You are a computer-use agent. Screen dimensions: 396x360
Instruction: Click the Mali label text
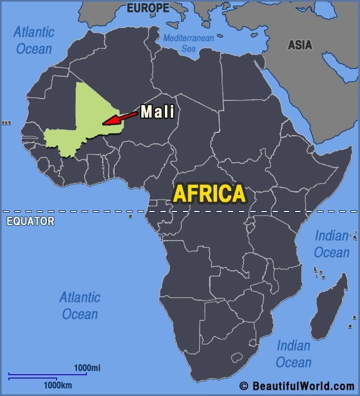click(x=157, y=112)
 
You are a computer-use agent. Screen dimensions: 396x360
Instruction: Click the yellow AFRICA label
click(x=209, y=194)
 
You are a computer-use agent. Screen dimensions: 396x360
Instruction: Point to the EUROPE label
click(x=147, y=8)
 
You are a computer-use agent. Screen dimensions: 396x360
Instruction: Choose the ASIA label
click(x=300, y=45)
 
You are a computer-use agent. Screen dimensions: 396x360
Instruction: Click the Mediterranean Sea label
click(x=189, y=43)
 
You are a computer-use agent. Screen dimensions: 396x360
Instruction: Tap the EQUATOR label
click(x=30, y=221)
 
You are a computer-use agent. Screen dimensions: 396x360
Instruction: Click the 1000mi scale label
click(x=87, y=368)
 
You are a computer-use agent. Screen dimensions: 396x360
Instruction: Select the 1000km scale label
click(x=58, y=385)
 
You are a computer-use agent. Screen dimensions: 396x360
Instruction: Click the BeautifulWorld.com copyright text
click(x=303, y=386)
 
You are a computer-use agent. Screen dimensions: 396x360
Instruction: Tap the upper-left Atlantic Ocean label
click(x=34, y=40)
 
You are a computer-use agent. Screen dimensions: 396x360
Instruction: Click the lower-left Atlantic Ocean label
click(x=80, y=305)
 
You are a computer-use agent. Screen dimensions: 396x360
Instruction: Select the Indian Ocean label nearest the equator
click(x=331, y=244)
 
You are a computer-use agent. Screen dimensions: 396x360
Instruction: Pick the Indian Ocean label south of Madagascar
click(x=293, y=353)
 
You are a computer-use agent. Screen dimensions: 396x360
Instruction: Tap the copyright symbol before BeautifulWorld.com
click(x=243, y=386)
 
